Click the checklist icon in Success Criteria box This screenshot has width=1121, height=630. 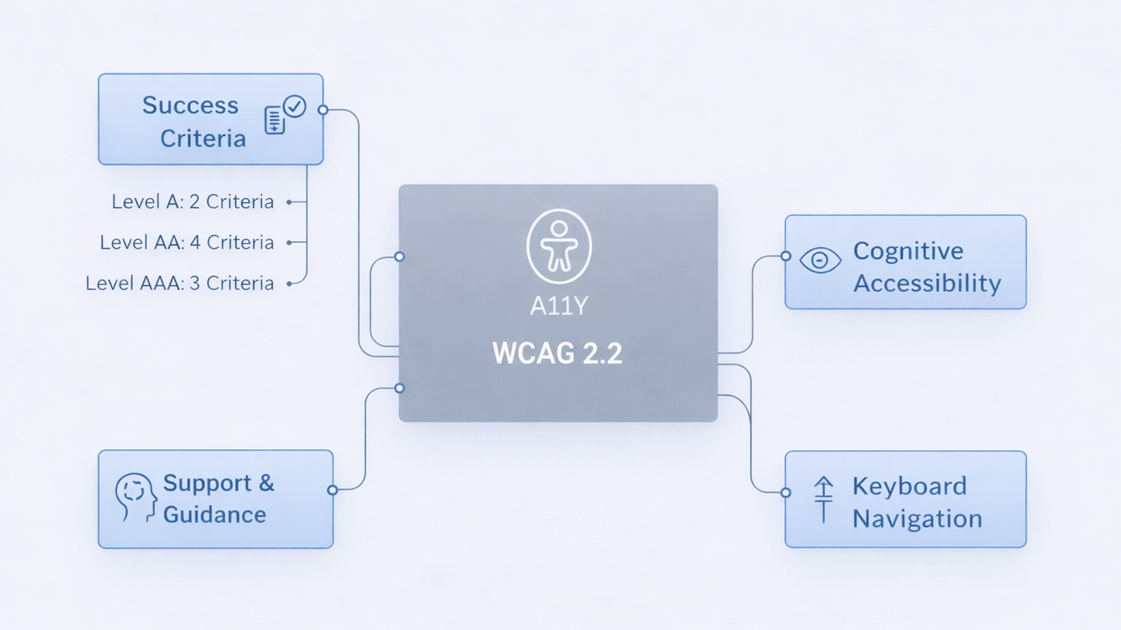pyautogui.click(x=284, y=115)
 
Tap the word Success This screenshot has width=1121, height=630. pyautogui.click(x=190, y=106)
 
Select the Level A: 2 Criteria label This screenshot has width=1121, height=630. pyautogui.click(x=193, y=202)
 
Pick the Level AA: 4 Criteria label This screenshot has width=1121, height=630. pyautogui.click(x=187, y=243)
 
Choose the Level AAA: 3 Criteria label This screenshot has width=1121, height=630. pyautogui.click(x=180, y=283)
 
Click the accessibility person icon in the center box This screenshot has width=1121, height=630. pyautogui.click(x=559, y=246)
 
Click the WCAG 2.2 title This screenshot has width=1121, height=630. pyautogui.click(x=558, y=353)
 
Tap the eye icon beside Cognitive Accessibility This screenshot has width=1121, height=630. pyautogui.click(x=820, y=260)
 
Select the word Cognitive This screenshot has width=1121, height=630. pyautogui.click(x=908, y=251)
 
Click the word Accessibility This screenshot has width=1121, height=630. pyautogui.click(x=927, y=284)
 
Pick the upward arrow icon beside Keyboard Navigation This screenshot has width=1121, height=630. pyautogui.click(x=823, y=499)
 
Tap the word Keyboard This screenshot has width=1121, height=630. pyautogui.click(x=909, y=487)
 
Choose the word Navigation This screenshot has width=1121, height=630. pyautogui.click(x=917, y=519)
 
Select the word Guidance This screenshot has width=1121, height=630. pyautogui.click(x=214, y=515)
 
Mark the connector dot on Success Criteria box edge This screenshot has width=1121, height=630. pyautogui.click(x=323, y=110)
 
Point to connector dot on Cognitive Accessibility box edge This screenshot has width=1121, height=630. pyautogui.click(x=786, y=256)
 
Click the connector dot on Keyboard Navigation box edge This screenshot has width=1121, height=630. pyautogui.click(x=786, y=493)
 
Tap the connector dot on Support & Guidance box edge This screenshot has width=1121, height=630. pyautogui.click(x=332, y=490)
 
